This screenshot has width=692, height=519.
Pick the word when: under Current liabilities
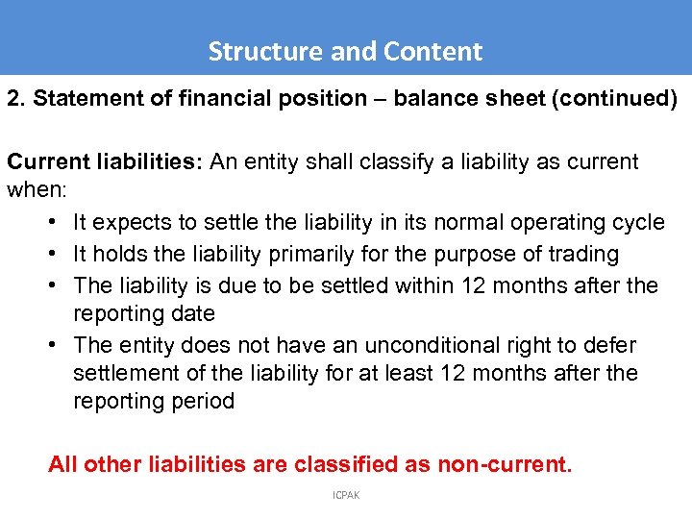point(34,189)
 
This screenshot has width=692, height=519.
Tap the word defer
point(611,345)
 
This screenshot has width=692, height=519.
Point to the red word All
point(62,464)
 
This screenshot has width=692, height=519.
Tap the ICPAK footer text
point(345,496)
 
